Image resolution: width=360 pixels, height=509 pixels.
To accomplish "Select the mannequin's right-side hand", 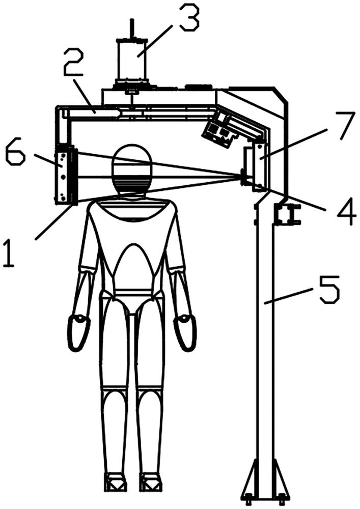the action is coord(185,332).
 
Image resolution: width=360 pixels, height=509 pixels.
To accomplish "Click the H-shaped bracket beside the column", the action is coord(287,214).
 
